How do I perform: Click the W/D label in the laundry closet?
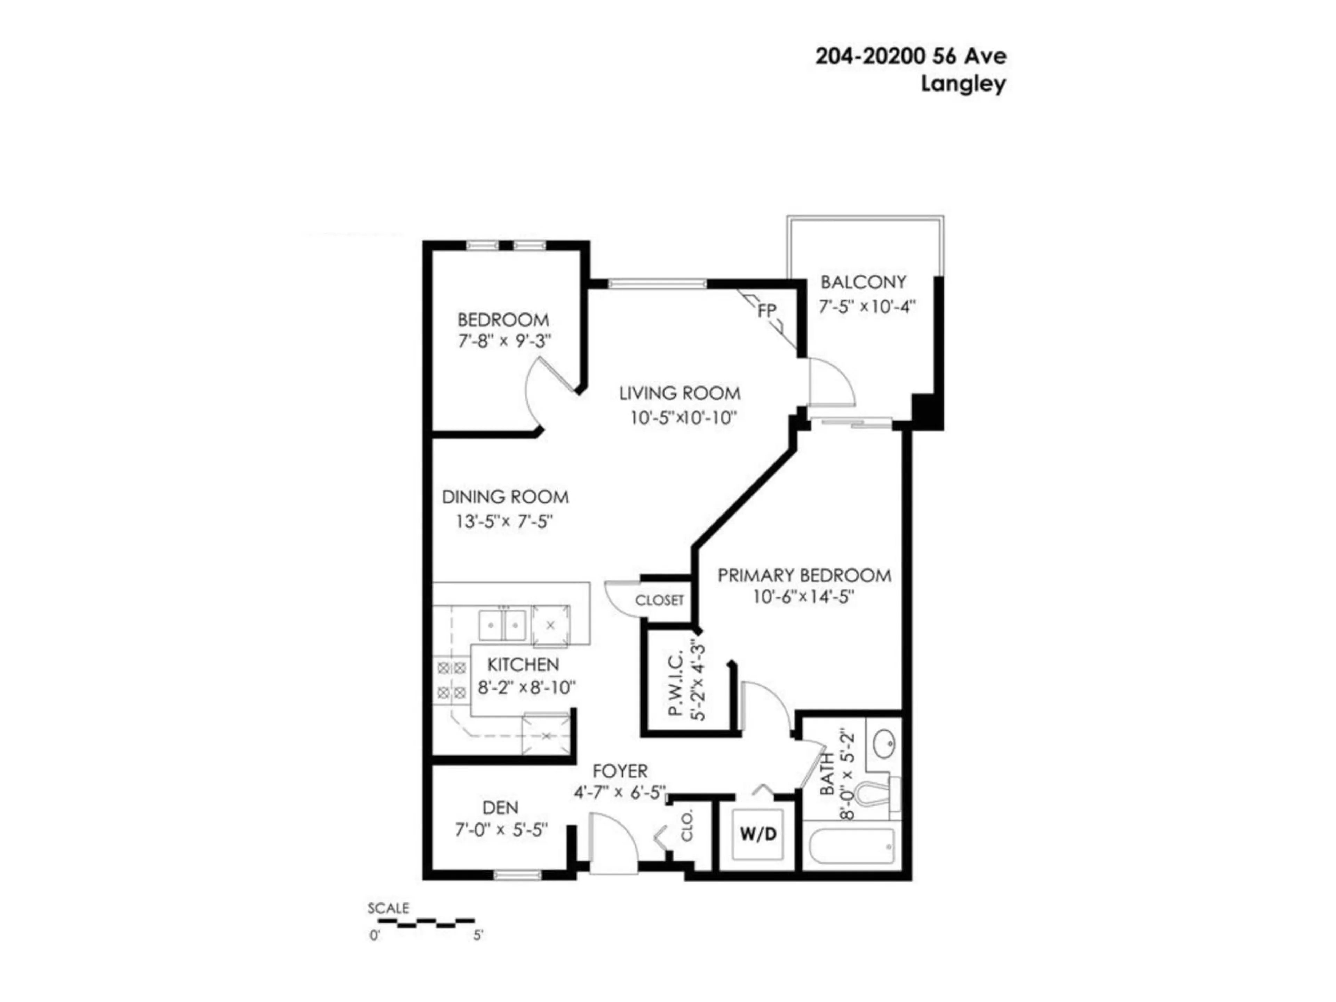click(758, 834)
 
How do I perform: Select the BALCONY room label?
click(863, 282)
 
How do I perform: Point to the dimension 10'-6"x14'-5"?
click(803, 597)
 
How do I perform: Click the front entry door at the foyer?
click(613, 843)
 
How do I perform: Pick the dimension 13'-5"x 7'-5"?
click(504, 521)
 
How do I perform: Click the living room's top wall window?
click(657, 283)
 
